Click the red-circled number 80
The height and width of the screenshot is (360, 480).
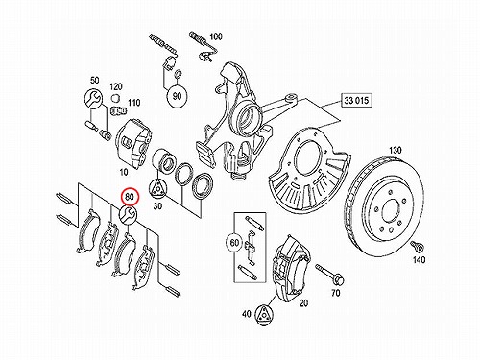pyautogui.click(x=129, y=197)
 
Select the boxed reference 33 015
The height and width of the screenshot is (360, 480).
pyautogui.click(x=356, y=101)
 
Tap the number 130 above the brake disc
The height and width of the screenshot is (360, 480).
pyautogui.click(x=396, y=150)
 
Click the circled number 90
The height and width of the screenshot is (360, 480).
pyautogui.click(x=177, y=96)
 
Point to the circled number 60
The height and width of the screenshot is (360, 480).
pyautogui.click(x=234, y=243)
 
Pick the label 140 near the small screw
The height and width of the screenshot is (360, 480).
pyautogui.click(x=419, y=259)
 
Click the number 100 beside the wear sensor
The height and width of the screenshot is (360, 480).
pyautogui.click(x=215, y=36)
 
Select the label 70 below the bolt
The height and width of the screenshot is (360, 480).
pyautogui.click(x=335, y=293)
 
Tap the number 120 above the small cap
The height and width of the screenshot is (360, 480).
pyautogui.click(x=115, y=86)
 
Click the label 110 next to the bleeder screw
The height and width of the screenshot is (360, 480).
pyautogui.click(x=133, y=103)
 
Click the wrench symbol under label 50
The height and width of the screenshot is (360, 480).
pyautogui.click(x=93, y=98)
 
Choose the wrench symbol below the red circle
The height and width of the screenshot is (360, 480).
pyautogui.click(x=128, y=214)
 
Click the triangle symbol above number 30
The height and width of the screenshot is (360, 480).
pyautogui.click(x=158, y=187)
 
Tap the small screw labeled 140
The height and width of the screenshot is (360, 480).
pyautogui.click(x=416, y=246)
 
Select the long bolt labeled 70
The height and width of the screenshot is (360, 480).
pyautogui.click(x=329, y=275)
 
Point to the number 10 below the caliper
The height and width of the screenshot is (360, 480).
pyautogui.click(x=124, y=172)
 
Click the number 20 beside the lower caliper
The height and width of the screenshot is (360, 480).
pyautogui.click(x=303, y=303)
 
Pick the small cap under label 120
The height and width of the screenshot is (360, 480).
pyautogui.click(x=115, y=97)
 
